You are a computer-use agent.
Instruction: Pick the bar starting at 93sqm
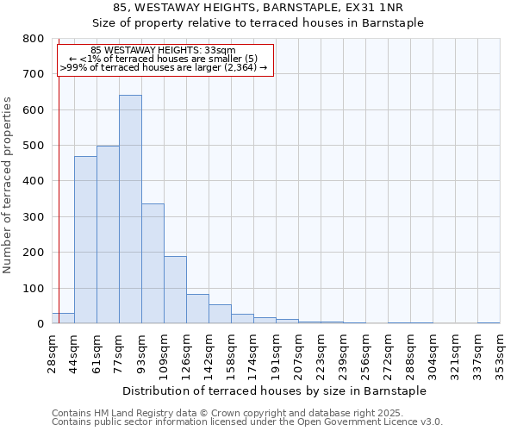pos(153,264)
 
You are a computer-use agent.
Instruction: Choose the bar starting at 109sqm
pos(175,290)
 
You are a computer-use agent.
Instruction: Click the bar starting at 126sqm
pos(197,309)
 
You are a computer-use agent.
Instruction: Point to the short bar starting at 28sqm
pos(63,318)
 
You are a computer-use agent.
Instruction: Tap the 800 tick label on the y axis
pos(34,39)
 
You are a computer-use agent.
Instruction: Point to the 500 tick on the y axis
pos(34,146)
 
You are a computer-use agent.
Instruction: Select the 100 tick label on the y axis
pos(34,288)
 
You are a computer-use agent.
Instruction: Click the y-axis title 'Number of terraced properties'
pos(9,184)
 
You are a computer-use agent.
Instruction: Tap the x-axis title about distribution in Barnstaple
pos(274,390)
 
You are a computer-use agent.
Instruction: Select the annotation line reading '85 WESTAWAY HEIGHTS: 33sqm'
pos(163,51)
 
